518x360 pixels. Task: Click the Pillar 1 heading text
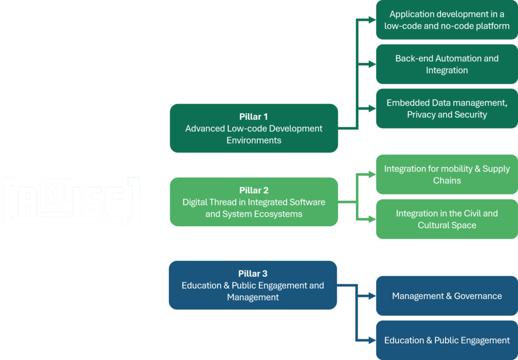(x=253, y=117)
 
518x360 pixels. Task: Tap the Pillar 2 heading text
(x=254, y=190)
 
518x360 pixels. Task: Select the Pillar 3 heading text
(x=253, y=274)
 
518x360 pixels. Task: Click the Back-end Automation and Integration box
(x=447, y=64)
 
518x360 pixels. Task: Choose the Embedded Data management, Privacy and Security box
(x=447, y=108)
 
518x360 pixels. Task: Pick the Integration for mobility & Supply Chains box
(x=447, y=174)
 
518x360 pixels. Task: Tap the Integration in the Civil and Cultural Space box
(x=447, y=219)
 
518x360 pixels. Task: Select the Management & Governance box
(x=447, y=296)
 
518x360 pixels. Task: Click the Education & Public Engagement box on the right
(x=447, y=340)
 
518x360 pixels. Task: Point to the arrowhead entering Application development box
(x=372, y=20)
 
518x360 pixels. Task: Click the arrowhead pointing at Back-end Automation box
(x=372, y=64)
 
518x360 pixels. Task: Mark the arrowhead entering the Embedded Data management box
(x=372, y=108)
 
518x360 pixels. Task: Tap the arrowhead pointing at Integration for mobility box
(x=372, y=174)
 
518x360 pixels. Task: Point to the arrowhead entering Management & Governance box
(x=372, y=296)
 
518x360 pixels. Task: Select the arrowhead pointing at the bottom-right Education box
(x=372, y=340)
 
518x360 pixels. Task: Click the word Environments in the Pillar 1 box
(x=254, y=141)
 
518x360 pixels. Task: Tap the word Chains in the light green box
(x=447, y=181)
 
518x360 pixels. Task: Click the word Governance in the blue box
(x=478, y=296)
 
